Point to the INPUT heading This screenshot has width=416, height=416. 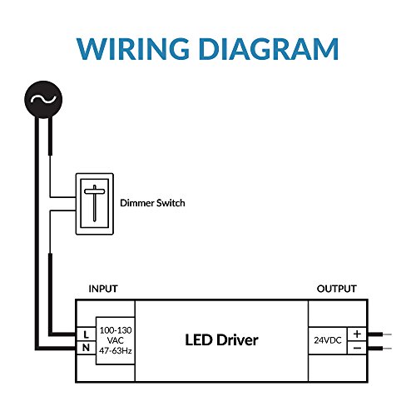pos(103,289)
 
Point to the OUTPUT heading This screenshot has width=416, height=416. pos(336,289)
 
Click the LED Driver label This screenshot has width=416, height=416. pos(221,340)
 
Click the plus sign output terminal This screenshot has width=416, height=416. pos(356,333)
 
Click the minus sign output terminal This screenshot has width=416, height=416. pos(356,348)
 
